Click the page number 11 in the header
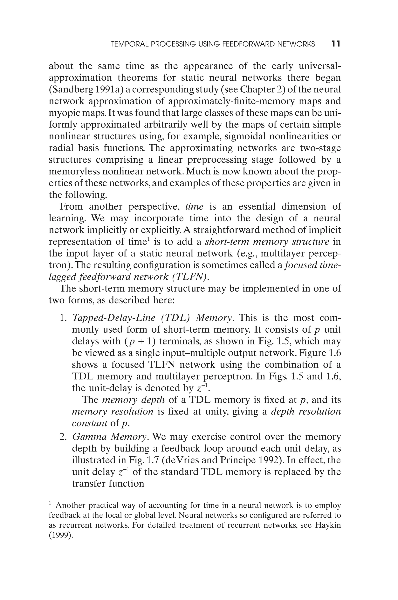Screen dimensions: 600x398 tap(336, 44)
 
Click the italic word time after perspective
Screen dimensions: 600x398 tap(194, 206)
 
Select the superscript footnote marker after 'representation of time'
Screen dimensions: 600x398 tap(149, 238)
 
